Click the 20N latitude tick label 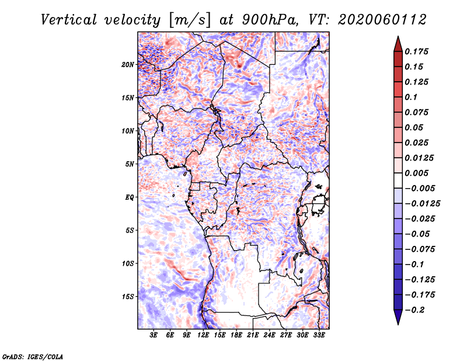(128, 64)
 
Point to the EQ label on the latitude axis (130, 197)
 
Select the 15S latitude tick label (128, 297)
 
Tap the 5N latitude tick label (130, 164)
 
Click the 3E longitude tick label (154, 336)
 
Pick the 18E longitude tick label (236, 336)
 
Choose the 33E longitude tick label (319, 336)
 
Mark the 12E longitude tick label (204, 336)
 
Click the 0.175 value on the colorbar (418, 51)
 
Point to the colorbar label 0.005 (418, 173)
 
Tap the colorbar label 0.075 (418, 112)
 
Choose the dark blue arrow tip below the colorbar (398, 319)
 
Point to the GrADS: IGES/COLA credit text (33, 355)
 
